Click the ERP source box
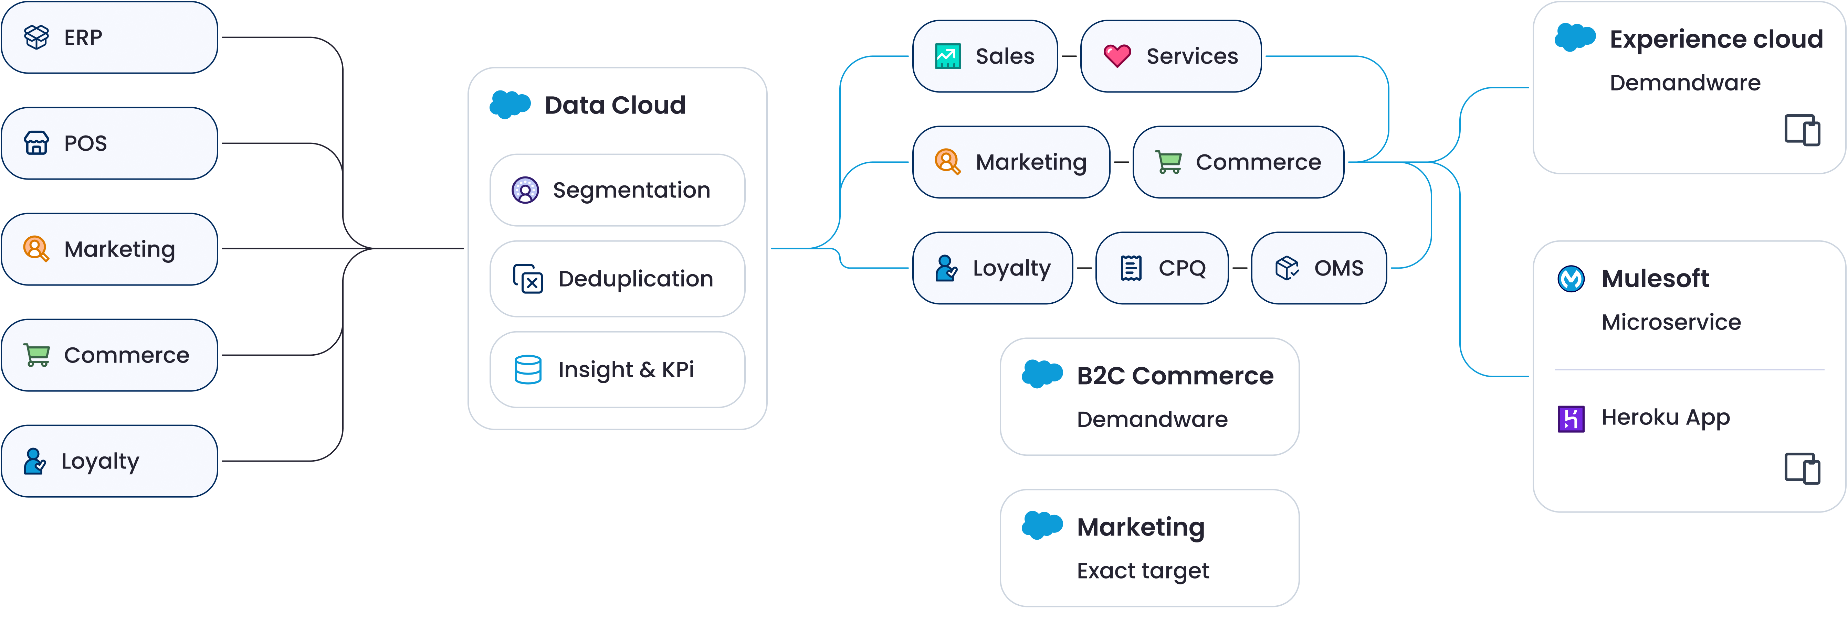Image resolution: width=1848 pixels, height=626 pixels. point(109,37)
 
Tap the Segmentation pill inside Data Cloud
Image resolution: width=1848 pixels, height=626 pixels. point(617,190)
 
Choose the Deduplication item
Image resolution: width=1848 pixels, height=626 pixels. point(617,279)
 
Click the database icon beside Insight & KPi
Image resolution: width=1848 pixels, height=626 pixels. point(528,369)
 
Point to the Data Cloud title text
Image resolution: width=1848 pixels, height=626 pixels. point(615,105)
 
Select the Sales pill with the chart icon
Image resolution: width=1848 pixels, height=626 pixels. point(984,56)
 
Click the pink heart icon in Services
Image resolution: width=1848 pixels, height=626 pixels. point(1117,56)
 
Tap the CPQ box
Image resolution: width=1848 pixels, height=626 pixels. point(1162,268)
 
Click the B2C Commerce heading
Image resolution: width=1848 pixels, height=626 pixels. point(1174,376)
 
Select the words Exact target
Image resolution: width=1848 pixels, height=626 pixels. point(1143,571)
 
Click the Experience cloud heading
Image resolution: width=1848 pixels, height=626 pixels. point(1715,40)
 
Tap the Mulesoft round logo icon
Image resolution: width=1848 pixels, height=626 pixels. point(1571,278)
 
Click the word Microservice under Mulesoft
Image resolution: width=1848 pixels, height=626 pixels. point(1671,322)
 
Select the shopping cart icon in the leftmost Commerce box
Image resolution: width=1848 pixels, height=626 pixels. point(36,355)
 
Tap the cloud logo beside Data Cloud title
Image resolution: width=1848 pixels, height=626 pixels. point(510,105)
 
